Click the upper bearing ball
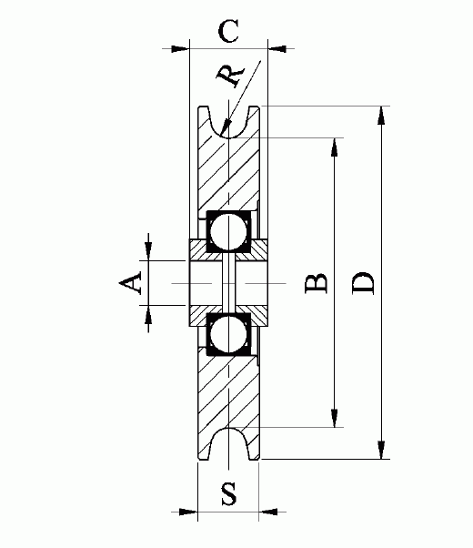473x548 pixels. click(228, 231)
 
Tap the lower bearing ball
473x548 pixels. click(228, 335)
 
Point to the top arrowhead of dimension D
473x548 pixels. click(380, 113)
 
